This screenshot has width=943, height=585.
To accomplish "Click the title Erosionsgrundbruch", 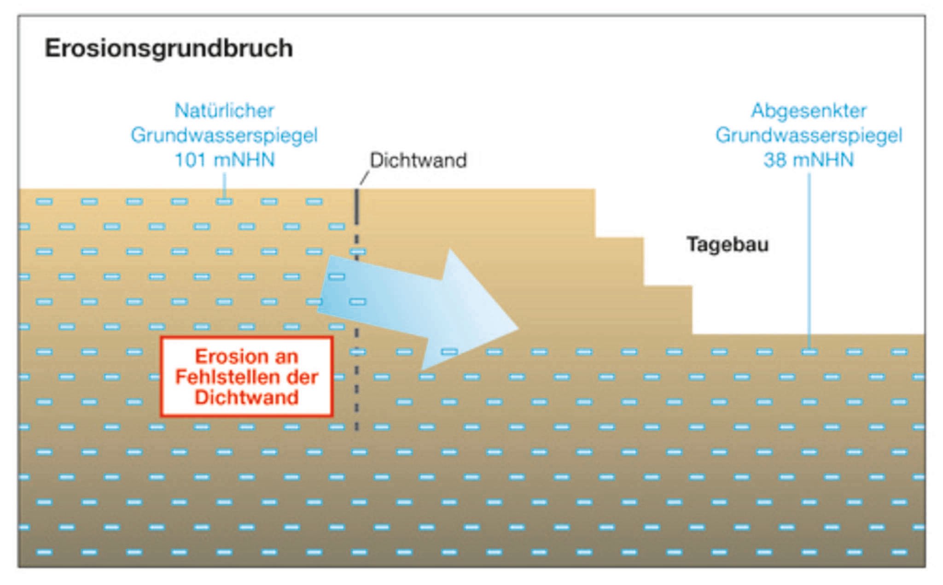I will point(169,48).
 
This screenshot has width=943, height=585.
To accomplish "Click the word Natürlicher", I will point(224,111).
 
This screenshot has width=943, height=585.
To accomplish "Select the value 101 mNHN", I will point(224,160).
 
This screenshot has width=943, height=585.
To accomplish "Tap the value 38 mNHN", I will point(809,160).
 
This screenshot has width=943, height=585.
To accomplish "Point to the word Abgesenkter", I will point(809,111).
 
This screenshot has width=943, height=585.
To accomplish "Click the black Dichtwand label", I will point(418,160).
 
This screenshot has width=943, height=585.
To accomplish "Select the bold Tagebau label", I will point(728,244).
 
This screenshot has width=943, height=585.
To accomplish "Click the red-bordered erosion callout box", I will point(247,377).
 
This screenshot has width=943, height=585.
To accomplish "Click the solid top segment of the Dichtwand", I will point(356,207).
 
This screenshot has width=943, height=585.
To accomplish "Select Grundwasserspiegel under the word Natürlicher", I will point(224,135).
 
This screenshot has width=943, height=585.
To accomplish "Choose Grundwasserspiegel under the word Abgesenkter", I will point(809,135).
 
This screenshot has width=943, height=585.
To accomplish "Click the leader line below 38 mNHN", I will point(809,258).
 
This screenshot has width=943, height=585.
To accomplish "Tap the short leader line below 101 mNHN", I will point(224,185).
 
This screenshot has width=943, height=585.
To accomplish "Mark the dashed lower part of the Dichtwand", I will point(356,392).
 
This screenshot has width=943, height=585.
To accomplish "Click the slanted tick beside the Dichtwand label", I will point(364,178).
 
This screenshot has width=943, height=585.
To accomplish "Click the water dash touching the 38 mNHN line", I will point(809,352).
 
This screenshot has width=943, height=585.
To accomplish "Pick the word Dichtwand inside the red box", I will point(247,398).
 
